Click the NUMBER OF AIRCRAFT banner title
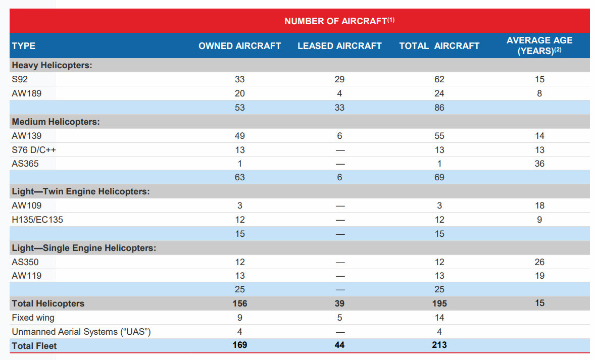(339, 21)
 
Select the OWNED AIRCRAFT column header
(239, 46)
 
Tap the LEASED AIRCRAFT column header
(339, 46)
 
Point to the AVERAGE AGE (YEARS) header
(539, 45)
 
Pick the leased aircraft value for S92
(339, 79)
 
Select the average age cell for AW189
(539, 93)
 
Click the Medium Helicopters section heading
(56, 122)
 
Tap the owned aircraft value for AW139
(239, 136)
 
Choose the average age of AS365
(539, 164)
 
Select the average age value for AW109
(539, 205)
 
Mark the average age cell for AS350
(539, 262)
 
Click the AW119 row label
(27, 276)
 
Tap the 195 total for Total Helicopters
(439, 303)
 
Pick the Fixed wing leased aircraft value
(339, 318)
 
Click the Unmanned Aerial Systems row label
(81, 332)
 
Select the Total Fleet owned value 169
(239, 345)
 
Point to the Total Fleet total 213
(439, 345)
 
